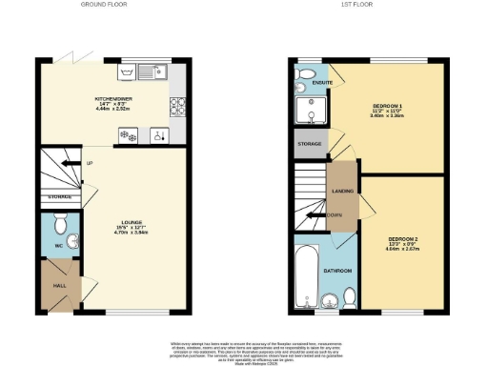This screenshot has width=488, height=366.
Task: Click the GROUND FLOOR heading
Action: point(105,6)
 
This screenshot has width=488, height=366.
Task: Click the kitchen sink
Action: point(148,71)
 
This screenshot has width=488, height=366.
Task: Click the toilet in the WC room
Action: point(61,227)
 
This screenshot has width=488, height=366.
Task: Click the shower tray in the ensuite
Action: point(310,112)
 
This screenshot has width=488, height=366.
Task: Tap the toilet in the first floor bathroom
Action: point(349,298)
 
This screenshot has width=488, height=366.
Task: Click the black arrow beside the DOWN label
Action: point(312,214)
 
